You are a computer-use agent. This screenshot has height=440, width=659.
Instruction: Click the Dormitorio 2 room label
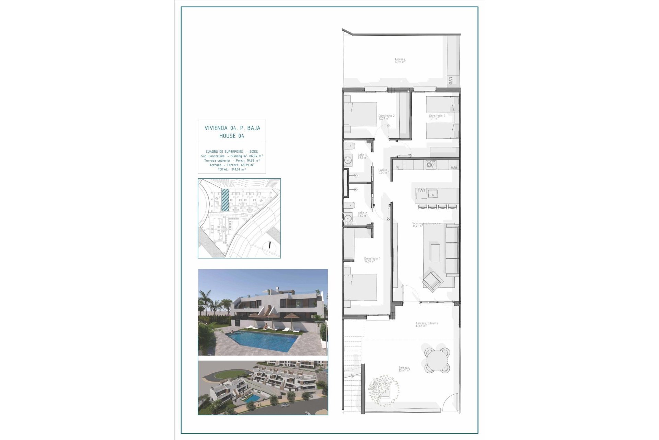[x=386, y=116]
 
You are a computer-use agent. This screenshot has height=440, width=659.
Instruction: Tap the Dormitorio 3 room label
[x=437, y=116]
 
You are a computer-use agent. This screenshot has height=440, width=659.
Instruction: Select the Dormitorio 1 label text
[x=372, y=258]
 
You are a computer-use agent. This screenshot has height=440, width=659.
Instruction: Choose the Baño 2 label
[x=362, y=213]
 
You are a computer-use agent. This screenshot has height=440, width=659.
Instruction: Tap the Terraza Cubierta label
[x=427, y=323]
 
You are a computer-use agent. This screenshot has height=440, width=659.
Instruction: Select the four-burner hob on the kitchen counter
[x=431, y=164]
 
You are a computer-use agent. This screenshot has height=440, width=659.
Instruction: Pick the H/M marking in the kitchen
[x=454, y=168]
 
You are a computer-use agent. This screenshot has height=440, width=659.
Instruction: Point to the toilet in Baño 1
[x=349, y=146]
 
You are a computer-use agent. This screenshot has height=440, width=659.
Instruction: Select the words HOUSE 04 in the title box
[x=232, y=136]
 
